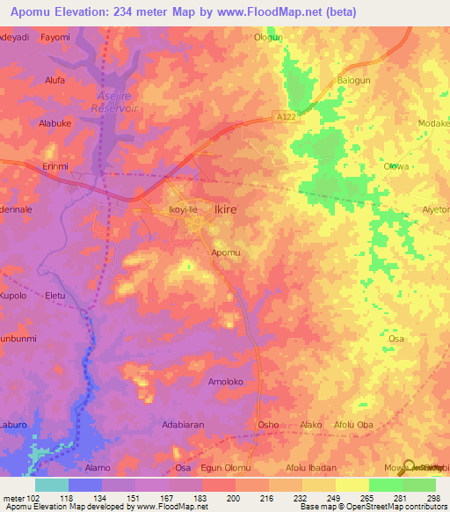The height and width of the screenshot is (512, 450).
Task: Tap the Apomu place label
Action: pyautogui.click(x=225, y=252)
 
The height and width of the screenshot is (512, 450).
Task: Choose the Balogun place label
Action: pyautogui.click(x=353, y=82)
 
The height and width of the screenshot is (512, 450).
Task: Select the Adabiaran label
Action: pyautogui.click(x=183, y=425)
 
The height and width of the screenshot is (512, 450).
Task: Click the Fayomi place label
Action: pyautogui.click(x=55, y=38)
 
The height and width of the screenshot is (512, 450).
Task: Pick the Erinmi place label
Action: pyautogui.click(x=55, y=165)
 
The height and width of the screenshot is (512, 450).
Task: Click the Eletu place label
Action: pyautogui.click(x=55, y=296)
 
